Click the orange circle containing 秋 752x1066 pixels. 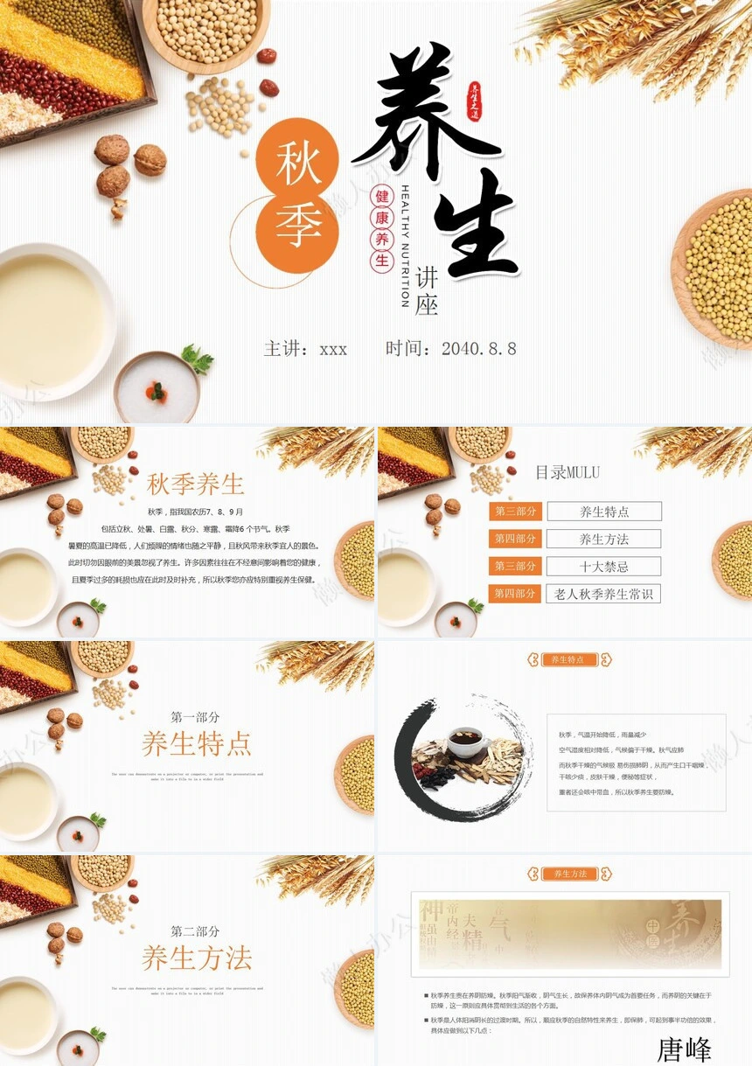tap(297, 160)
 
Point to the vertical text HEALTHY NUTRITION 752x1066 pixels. tap(405, 246)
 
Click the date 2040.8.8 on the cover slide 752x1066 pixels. tap(478, 349)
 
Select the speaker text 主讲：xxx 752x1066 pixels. tap(306, 349)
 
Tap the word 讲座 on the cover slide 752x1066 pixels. tap(427, 291)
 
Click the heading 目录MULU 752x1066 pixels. tap(567, 473)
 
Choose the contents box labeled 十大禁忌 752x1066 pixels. tap(603, 567)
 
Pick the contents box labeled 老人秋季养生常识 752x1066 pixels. tap(603, 594)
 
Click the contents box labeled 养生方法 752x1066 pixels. tap(603, 539)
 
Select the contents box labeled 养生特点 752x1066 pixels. tap(603, 512)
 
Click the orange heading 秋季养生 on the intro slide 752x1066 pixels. tap(195, 484)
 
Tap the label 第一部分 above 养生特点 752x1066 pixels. tap(195, 717)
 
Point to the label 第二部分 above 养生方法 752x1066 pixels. tap(195, 931)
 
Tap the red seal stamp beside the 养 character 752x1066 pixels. tap(475, 102)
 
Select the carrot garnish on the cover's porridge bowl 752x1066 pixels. tap(157, 391)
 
